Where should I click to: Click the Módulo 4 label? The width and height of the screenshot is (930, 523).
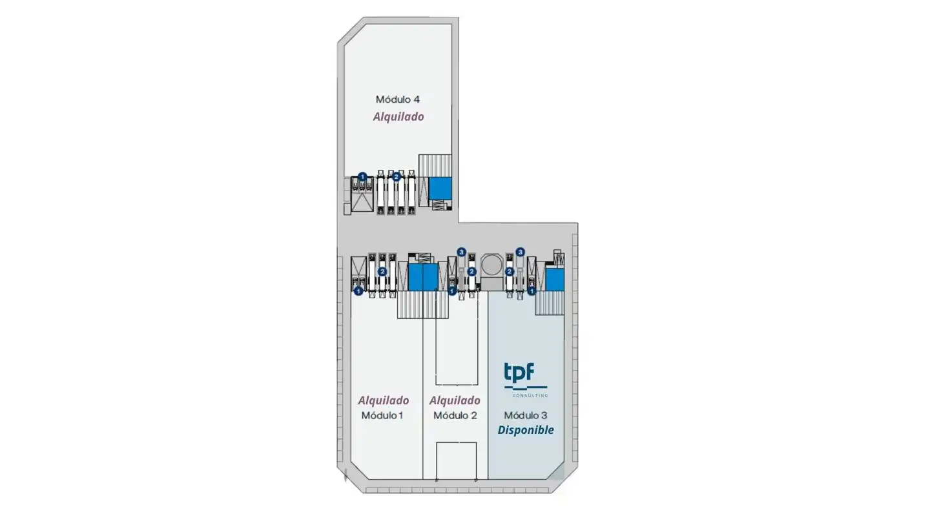click(398, 99)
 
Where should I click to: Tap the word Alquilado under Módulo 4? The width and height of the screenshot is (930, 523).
click(398, 117)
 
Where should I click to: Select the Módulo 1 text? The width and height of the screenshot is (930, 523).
click(382, 415)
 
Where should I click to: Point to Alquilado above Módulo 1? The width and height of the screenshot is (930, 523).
click(383, 400)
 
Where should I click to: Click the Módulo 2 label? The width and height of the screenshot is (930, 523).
click(455, 415)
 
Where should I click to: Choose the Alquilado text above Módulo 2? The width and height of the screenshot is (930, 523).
click(455, 400)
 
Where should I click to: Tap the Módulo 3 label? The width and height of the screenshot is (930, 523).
click(526, 415)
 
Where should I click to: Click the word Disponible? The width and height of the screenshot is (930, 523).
click(526, 430)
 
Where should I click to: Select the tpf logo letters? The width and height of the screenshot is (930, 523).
click(519, 372)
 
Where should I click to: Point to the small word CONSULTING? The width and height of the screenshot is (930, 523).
click(530, 396)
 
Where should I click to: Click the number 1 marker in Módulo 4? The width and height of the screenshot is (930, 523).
click(362, 177)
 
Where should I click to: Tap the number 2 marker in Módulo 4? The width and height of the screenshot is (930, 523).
click(396, 177)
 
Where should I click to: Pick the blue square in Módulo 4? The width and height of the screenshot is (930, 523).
click(440, 188)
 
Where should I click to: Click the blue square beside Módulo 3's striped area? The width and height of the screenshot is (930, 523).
click(555, 280)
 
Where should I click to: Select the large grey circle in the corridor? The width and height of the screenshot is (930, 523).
click(492, 265)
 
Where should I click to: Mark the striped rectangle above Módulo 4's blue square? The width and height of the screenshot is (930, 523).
click(435, 165)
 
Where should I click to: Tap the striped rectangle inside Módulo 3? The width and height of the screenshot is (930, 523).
click(549, 303)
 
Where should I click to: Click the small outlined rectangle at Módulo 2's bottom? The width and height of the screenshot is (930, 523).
click(456, 461)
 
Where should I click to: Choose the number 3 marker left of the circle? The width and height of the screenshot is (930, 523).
click(461, 252)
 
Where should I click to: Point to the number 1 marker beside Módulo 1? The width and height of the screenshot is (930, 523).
click(358, 291)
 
